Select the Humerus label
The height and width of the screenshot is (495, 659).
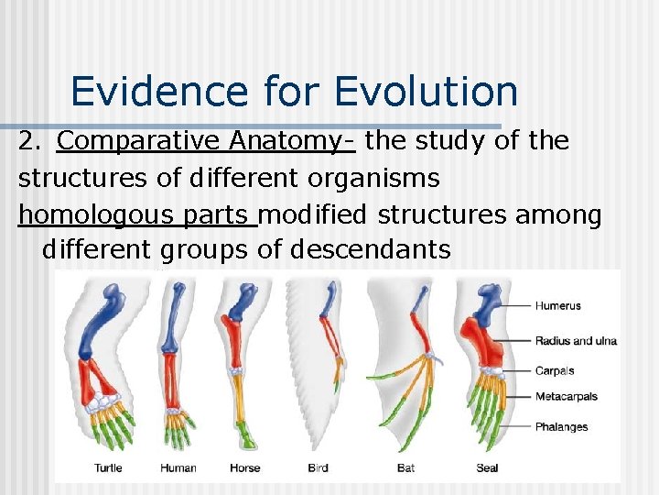(557, 305)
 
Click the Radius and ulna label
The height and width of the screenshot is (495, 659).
(576, 341)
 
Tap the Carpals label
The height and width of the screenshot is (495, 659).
(555, 371)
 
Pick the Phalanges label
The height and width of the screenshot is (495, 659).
(561, 426)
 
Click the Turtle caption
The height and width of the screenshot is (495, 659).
(108, 467)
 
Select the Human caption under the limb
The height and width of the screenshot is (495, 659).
(178, 467)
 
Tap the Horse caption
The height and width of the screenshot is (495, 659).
(244, 467)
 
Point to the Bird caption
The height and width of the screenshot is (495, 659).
(319, 467)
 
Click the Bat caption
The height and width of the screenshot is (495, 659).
(405, 467)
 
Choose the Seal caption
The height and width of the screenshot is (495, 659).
(487, 467)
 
